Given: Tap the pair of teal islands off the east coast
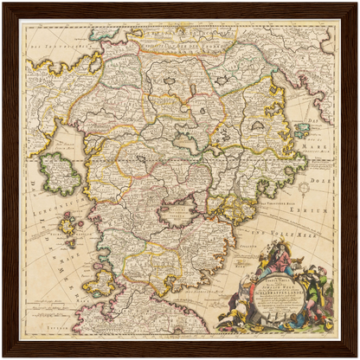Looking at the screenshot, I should coord(302,130).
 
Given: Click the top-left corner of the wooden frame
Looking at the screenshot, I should coord(5,5).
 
